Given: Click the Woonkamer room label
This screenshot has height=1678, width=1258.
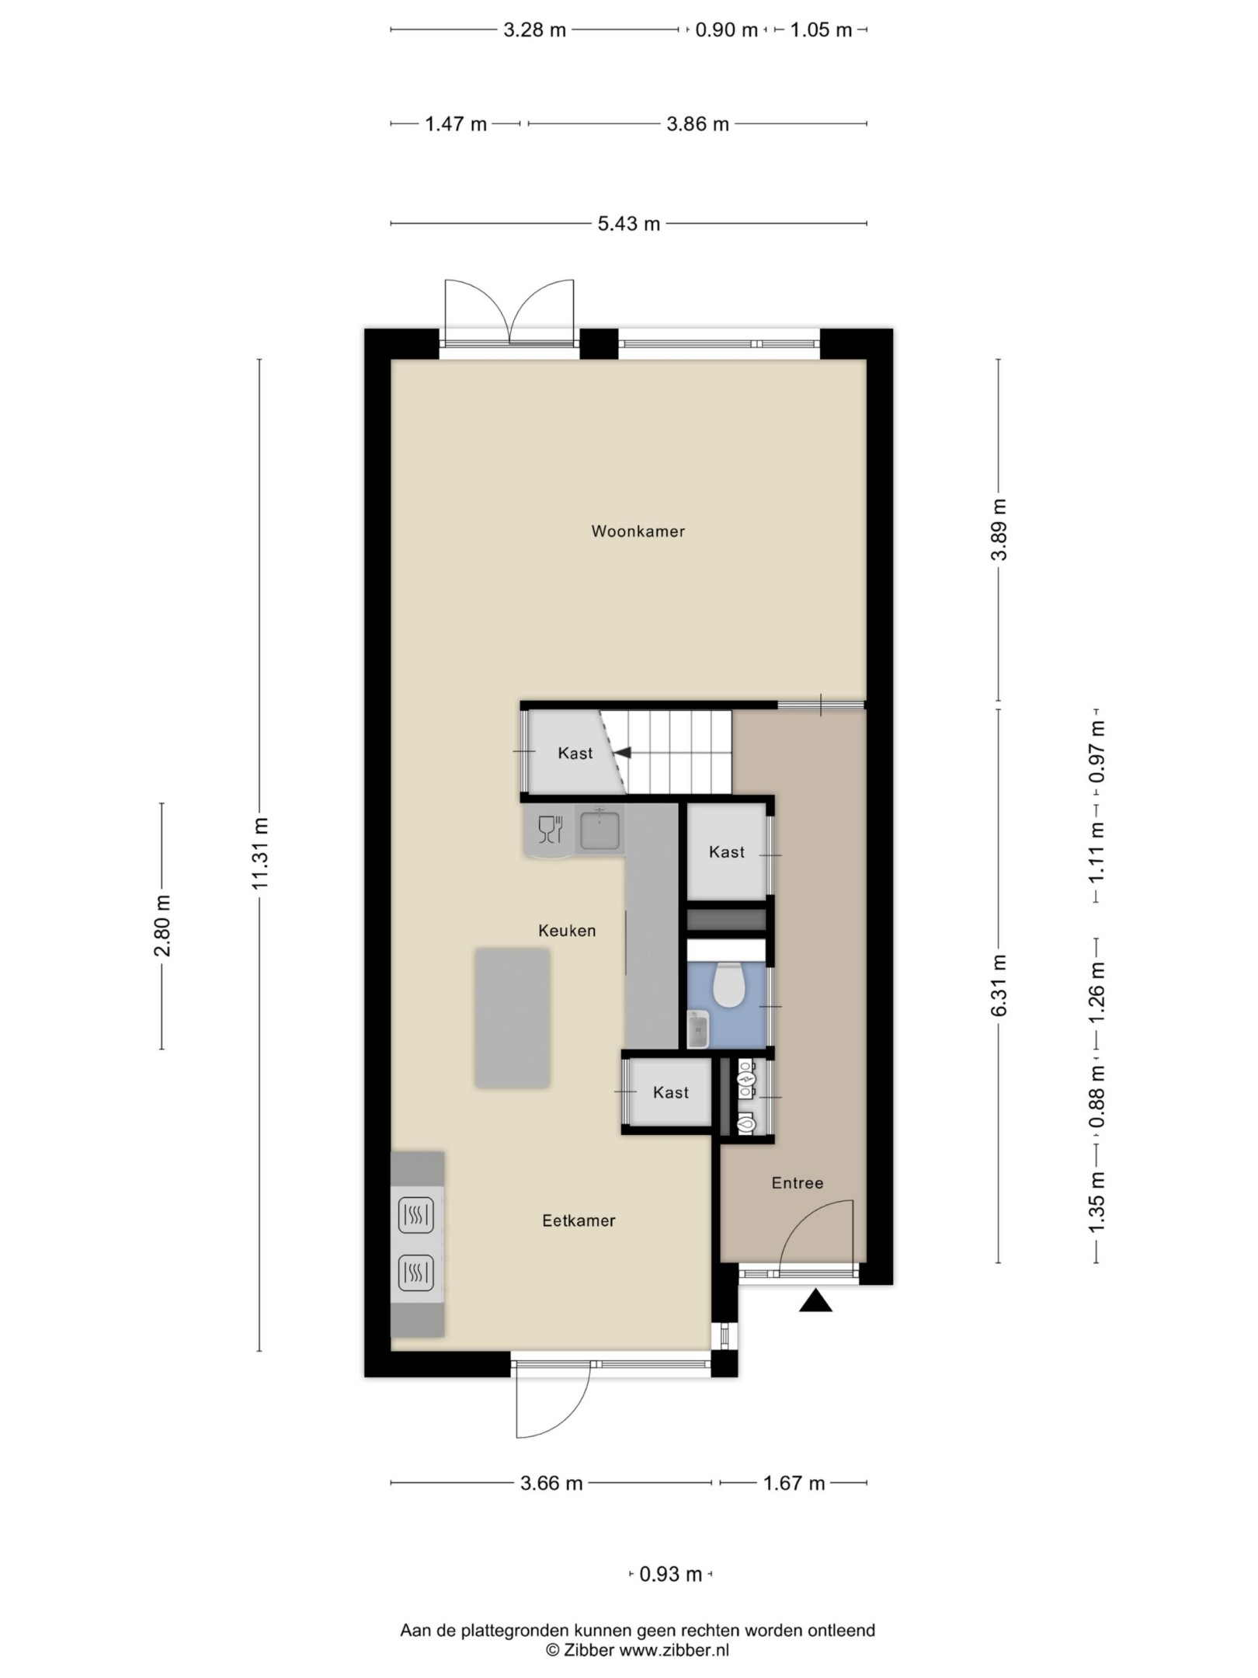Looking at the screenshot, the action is click(x=638, y=531).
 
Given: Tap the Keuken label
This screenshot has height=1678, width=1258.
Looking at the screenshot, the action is click(x=567, y=931).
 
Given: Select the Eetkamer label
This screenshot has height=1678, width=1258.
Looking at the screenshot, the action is click(x=579, y=1220).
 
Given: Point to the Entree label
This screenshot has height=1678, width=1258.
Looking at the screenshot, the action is click(x=797, y=1183).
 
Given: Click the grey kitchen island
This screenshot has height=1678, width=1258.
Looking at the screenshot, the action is click(x=513, y=1018).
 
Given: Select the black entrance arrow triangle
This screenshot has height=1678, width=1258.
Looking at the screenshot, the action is click(x=815, y=1300).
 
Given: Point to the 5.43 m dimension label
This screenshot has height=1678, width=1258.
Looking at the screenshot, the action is click(x=628, y=224).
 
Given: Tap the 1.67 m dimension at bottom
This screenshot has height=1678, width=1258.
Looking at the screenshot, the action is click(x=794, y=1483).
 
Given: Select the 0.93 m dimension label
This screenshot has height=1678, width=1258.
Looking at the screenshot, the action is click(x=670, y=1574).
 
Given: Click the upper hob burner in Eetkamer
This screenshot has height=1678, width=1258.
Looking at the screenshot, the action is click(x=416, y=1215).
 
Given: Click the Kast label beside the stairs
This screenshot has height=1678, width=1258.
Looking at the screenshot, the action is click(x=575, y=753).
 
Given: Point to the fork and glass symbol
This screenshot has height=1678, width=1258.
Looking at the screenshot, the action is click(x=550, y=829).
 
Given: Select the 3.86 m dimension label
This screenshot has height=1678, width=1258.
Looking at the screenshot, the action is click(x=697, y=124).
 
